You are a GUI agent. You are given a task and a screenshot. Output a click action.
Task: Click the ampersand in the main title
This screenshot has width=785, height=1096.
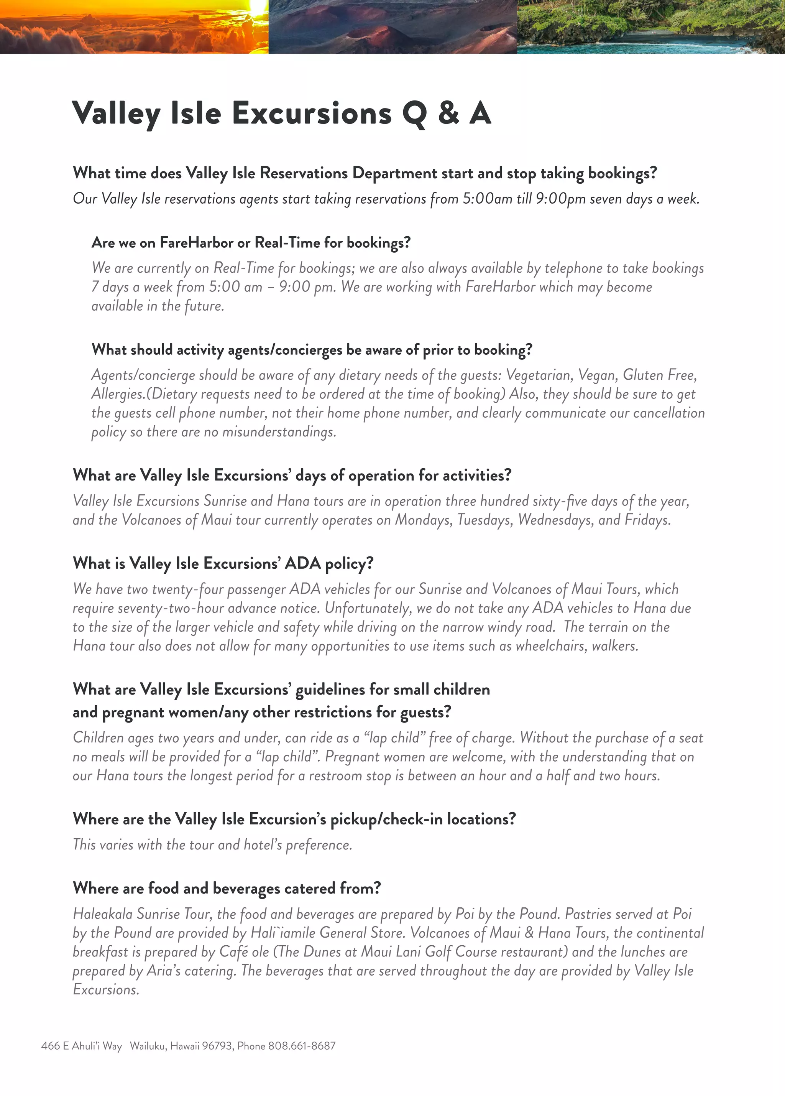click(448, 113)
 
